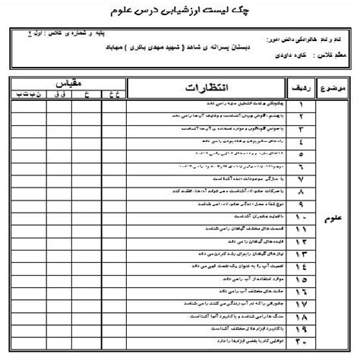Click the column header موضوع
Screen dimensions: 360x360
pyautogui.click(x=335, y=88)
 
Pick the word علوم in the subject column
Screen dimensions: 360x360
pyautogui.click(x=335, y=226)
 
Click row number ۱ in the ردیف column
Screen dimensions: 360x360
pyautogui.click(x=302, y=107)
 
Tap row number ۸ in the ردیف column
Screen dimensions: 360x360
pyautogui.click(x=302, y=194)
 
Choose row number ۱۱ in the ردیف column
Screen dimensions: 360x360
pyautogui.click(x=302, y=228)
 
